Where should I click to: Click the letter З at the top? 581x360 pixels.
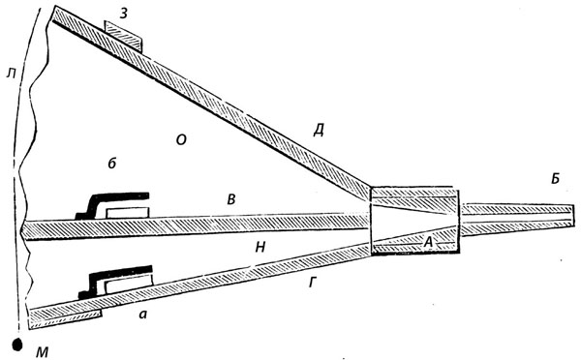(x=124, y=13)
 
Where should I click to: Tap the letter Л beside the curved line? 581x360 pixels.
(x=12, y=75)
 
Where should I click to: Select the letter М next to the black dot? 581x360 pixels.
(x=43, y=352)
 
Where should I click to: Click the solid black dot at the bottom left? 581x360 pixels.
(x=17, y=345)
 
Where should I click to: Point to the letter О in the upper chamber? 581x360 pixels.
(x=181, y=140)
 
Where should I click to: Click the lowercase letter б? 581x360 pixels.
(x=112, y=163)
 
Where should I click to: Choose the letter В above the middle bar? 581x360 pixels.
(x=231, y=199)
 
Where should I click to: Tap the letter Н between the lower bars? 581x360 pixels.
(x=260, y=247)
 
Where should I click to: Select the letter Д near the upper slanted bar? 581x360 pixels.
(x=319, y=131)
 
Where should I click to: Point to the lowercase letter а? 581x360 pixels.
(x=142, y=315)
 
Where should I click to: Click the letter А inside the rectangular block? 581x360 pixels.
(x=428, y=243)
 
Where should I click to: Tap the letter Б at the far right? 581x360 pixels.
(x=555, y=178)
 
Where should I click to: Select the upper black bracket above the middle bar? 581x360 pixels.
(x=112, y=205)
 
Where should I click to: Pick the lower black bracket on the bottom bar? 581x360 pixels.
(x=115, y=281)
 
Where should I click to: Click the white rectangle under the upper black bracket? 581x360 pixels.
(x=128, y=213)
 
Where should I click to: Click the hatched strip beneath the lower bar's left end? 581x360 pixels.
(x=66, y=319)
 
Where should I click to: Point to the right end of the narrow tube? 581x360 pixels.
(x=574, y=216)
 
